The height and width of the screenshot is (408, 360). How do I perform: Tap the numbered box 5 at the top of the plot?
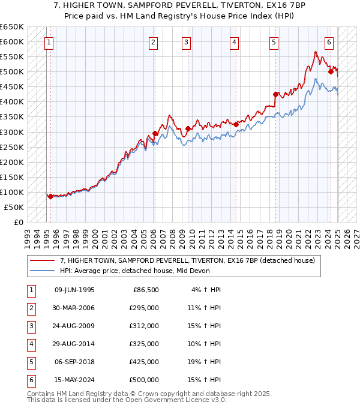tap(274, 43)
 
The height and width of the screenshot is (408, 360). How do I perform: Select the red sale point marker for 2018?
tap(276, 94)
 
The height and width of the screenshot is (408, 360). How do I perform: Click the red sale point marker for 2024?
tap(331, 71)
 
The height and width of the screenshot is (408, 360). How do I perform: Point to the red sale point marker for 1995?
tap(50, 196)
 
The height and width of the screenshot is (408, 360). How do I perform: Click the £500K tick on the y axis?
tap(13, 72)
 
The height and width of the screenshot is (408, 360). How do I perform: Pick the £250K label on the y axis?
tap(13, 147)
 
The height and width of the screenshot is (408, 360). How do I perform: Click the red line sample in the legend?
tap(43, 260)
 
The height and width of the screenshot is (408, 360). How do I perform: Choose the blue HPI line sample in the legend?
tap(43, 271)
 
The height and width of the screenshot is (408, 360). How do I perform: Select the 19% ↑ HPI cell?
tap(203, 362)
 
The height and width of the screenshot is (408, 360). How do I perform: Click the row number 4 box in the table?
tap(31, 344)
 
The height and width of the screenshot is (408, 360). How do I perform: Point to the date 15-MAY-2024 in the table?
tap(74, 380)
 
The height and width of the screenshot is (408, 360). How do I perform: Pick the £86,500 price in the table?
tap(145, 290)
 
